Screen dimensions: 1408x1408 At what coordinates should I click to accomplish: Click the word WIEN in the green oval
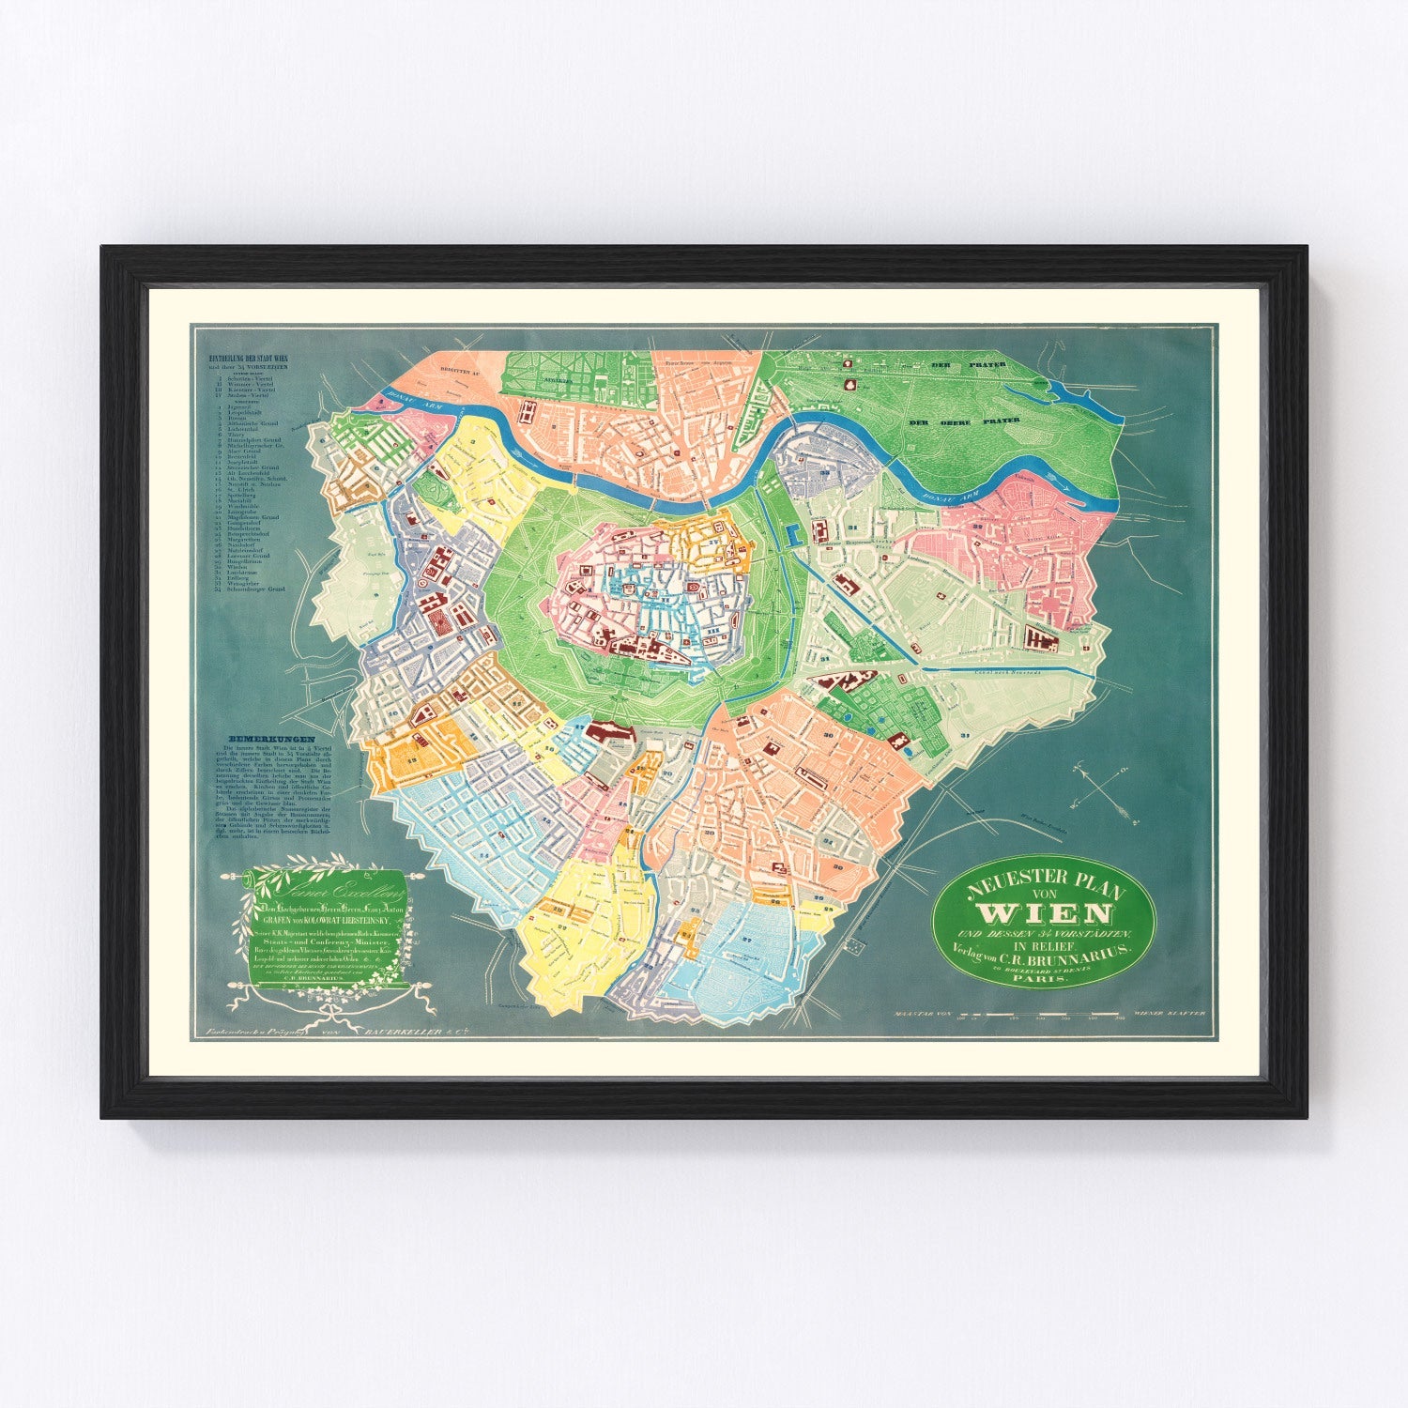(1045, 913)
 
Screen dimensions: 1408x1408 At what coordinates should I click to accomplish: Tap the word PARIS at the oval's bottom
(1043, 978)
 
